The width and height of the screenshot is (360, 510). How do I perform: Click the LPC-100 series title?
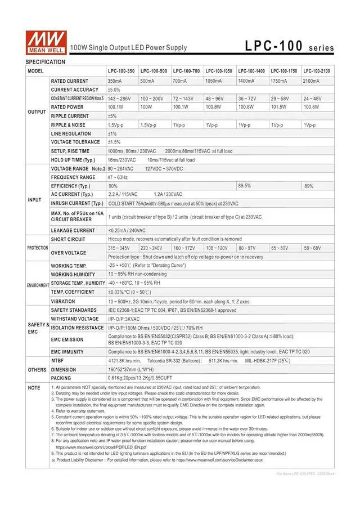pyautogui.click(x=289, y=47)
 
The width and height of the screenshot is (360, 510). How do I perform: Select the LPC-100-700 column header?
pyautogui.click(x=187, y=71)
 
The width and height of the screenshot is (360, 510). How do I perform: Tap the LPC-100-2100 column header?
pyautogui.click(x=317, y=71)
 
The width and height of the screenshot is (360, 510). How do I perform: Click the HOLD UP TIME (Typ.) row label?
pyautogui.click(x=74, y=160)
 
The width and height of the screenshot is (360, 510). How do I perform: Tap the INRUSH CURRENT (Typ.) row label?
pyautogui.click(x=77, y=203)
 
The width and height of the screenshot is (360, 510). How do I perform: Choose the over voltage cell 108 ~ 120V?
pyautogui.click(x=217, y=248)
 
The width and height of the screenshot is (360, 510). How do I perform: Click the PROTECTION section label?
pyautogui.click(x=38, y=248)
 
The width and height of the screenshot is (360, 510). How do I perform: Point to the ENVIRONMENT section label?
pyautogui.click(x=38, y=285)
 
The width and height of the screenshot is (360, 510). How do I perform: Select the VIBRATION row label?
pyautogui.click(x=62, y=301)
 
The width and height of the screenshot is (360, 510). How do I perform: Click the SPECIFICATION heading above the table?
pyautogui.click(x=46, y=61)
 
